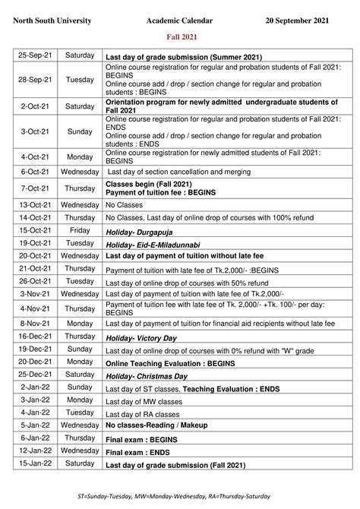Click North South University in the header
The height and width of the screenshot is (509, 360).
(x=52, y=21)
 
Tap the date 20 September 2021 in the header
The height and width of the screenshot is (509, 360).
(x=298, y=21)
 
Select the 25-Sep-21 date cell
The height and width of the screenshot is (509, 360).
(x=35, y=55)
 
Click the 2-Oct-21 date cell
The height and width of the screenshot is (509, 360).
(x=35, y=106)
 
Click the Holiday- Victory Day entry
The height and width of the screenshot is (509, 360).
(x=141, y=337)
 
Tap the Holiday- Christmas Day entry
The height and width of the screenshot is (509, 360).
(x=147, y=376)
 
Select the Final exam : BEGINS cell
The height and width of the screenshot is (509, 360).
(x=141, y=439)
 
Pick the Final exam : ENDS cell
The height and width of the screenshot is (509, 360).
(x=138, y=451)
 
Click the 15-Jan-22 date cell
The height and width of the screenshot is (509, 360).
(x=35, y=463)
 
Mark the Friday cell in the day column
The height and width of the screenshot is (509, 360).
(x=80, y=229)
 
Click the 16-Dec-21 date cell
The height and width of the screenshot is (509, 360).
(x=35, y=337)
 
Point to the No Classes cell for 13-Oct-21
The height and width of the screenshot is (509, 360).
(x=120, y=205)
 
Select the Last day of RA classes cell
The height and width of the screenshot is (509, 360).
(x=143, y=414)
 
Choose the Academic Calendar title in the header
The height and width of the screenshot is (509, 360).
(x=180, y=21)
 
